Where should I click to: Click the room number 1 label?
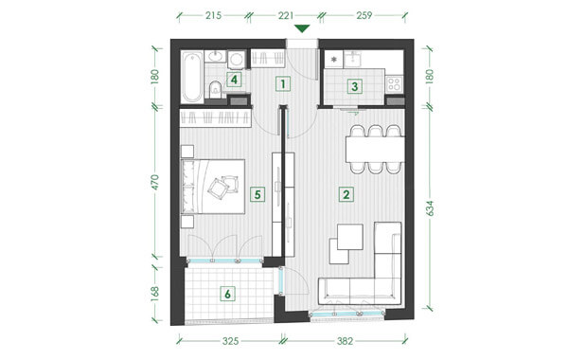283,84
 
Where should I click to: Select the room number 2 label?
346,194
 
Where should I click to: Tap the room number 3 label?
355,86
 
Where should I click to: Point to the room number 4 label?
234,80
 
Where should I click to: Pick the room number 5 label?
257,194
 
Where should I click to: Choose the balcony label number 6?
227,294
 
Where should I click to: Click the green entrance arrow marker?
302,28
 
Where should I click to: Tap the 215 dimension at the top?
213,15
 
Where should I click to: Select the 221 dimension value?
285,15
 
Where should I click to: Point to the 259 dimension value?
364,15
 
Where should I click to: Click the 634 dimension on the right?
430,208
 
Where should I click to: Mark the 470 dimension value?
154,182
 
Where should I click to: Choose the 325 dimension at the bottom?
231,341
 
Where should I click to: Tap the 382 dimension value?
346,341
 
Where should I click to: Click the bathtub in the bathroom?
192,77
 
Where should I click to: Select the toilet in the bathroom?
216,89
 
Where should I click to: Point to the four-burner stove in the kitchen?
394,84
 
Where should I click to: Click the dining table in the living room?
375,150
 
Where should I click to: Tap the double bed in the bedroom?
213,187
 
